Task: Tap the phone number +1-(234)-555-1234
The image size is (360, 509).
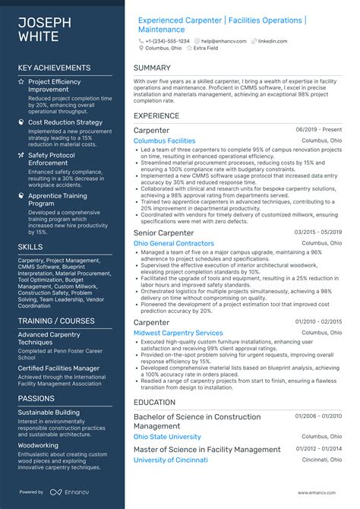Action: pyautogui.click(x=169, y=40)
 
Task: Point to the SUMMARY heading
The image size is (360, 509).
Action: pyautogui.click(x=152, y=68)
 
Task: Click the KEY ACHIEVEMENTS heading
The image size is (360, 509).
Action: pyautogui.click(x=54, y=68)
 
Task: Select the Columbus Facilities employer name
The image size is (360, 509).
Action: pyautogui.click(x=164, y=141)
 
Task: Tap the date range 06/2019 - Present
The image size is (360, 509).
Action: pyautogui.click(x=318, y=130)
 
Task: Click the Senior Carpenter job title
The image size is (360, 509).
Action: pyautogui.click(x=163, y=232)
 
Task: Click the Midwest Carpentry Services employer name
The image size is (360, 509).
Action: pyautogui.click(x=178, y=333)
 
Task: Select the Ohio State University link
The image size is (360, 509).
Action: pyautogui.click(x=167, y=437)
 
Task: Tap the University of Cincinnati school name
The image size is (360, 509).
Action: pyautogui.click(x=171, y=460)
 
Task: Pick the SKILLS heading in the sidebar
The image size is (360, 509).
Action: pyautogui.click(x=30, y=247)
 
